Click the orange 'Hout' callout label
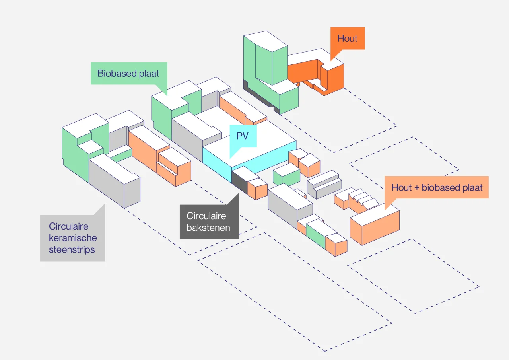point(348,39)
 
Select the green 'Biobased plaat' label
point(129,73)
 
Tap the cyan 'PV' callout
point(243,136)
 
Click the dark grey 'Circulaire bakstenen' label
point(209,222)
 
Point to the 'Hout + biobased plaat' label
point(437,187)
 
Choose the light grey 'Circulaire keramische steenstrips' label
point(73,238)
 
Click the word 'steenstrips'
point(72,250)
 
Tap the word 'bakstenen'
point(208,228)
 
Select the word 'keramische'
point(73,238)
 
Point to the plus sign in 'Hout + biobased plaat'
point(416,188)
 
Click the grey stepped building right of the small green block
point(324,184)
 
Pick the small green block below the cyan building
point(286,175)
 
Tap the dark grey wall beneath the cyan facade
point(240,182)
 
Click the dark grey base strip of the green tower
point(261,98)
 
